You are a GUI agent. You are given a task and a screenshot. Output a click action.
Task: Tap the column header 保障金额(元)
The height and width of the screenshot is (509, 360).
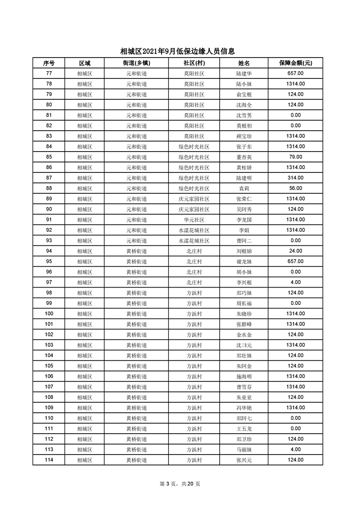(296, 63)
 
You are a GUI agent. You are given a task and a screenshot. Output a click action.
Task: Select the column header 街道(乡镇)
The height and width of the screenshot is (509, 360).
(136, 63)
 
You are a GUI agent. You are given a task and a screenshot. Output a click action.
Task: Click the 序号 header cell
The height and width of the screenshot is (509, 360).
(49, 63)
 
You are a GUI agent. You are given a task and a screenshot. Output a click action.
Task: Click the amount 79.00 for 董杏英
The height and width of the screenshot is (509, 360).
(296, 157)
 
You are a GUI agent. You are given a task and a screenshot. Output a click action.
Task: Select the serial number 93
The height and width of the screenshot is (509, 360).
(49, 240)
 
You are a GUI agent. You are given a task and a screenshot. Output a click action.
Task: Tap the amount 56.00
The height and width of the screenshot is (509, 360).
(296, 188)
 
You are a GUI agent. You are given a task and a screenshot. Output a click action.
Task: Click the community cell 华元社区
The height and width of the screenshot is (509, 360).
(194, 220)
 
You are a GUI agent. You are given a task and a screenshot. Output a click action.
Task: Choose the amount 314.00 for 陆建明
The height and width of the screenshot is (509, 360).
(296, 178)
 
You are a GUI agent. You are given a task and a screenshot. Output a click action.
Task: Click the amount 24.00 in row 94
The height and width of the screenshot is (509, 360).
(296, 251)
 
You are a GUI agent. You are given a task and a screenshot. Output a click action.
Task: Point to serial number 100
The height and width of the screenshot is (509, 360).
(49, 313)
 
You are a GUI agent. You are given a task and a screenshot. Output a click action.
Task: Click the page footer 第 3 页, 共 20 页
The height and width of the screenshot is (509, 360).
(180, 484)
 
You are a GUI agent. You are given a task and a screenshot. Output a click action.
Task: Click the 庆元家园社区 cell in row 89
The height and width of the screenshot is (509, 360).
(194, 199)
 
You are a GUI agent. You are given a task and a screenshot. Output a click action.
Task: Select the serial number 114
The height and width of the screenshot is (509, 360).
(49, 460)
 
